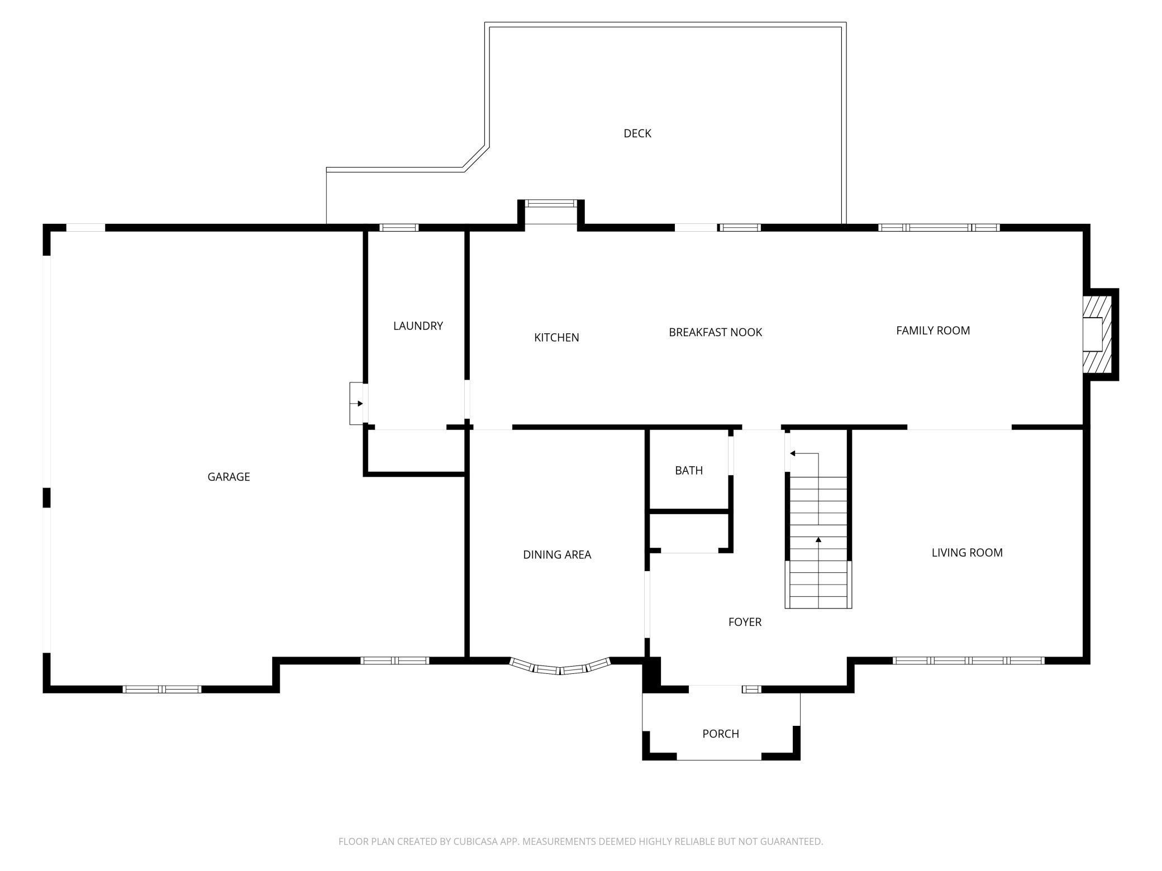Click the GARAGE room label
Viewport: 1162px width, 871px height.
pos(228,477)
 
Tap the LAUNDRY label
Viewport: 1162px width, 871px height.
pos(418,326)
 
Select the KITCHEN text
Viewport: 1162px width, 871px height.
pos(556,338)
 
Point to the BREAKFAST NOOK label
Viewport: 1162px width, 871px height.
pos(716,332)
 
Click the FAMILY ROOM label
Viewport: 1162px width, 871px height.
pos(933,331)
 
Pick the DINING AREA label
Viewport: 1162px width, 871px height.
pos(557,555)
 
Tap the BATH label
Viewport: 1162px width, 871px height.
pos(689,471)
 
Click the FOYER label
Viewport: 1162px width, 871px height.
pos(745,622)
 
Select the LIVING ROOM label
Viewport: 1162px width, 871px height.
pos(967,553)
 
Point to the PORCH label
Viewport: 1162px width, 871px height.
pos(721,734)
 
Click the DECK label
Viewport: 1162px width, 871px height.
pos(637,133)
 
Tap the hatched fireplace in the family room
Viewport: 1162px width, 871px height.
pos(1093,334)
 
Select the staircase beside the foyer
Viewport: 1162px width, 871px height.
pos(818,542)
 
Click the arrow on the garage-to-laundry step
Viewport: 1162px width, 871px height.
pos(356,404)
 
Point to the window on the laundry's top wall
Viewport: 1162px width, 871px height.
pos(399,228)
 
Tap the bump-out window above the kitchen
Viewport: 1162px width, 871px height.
pos(551,204)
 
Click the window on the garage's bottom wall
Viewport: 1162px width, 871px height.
pos(162,690)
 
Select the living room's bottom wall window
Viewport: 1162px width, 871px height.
pos(968,661)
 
